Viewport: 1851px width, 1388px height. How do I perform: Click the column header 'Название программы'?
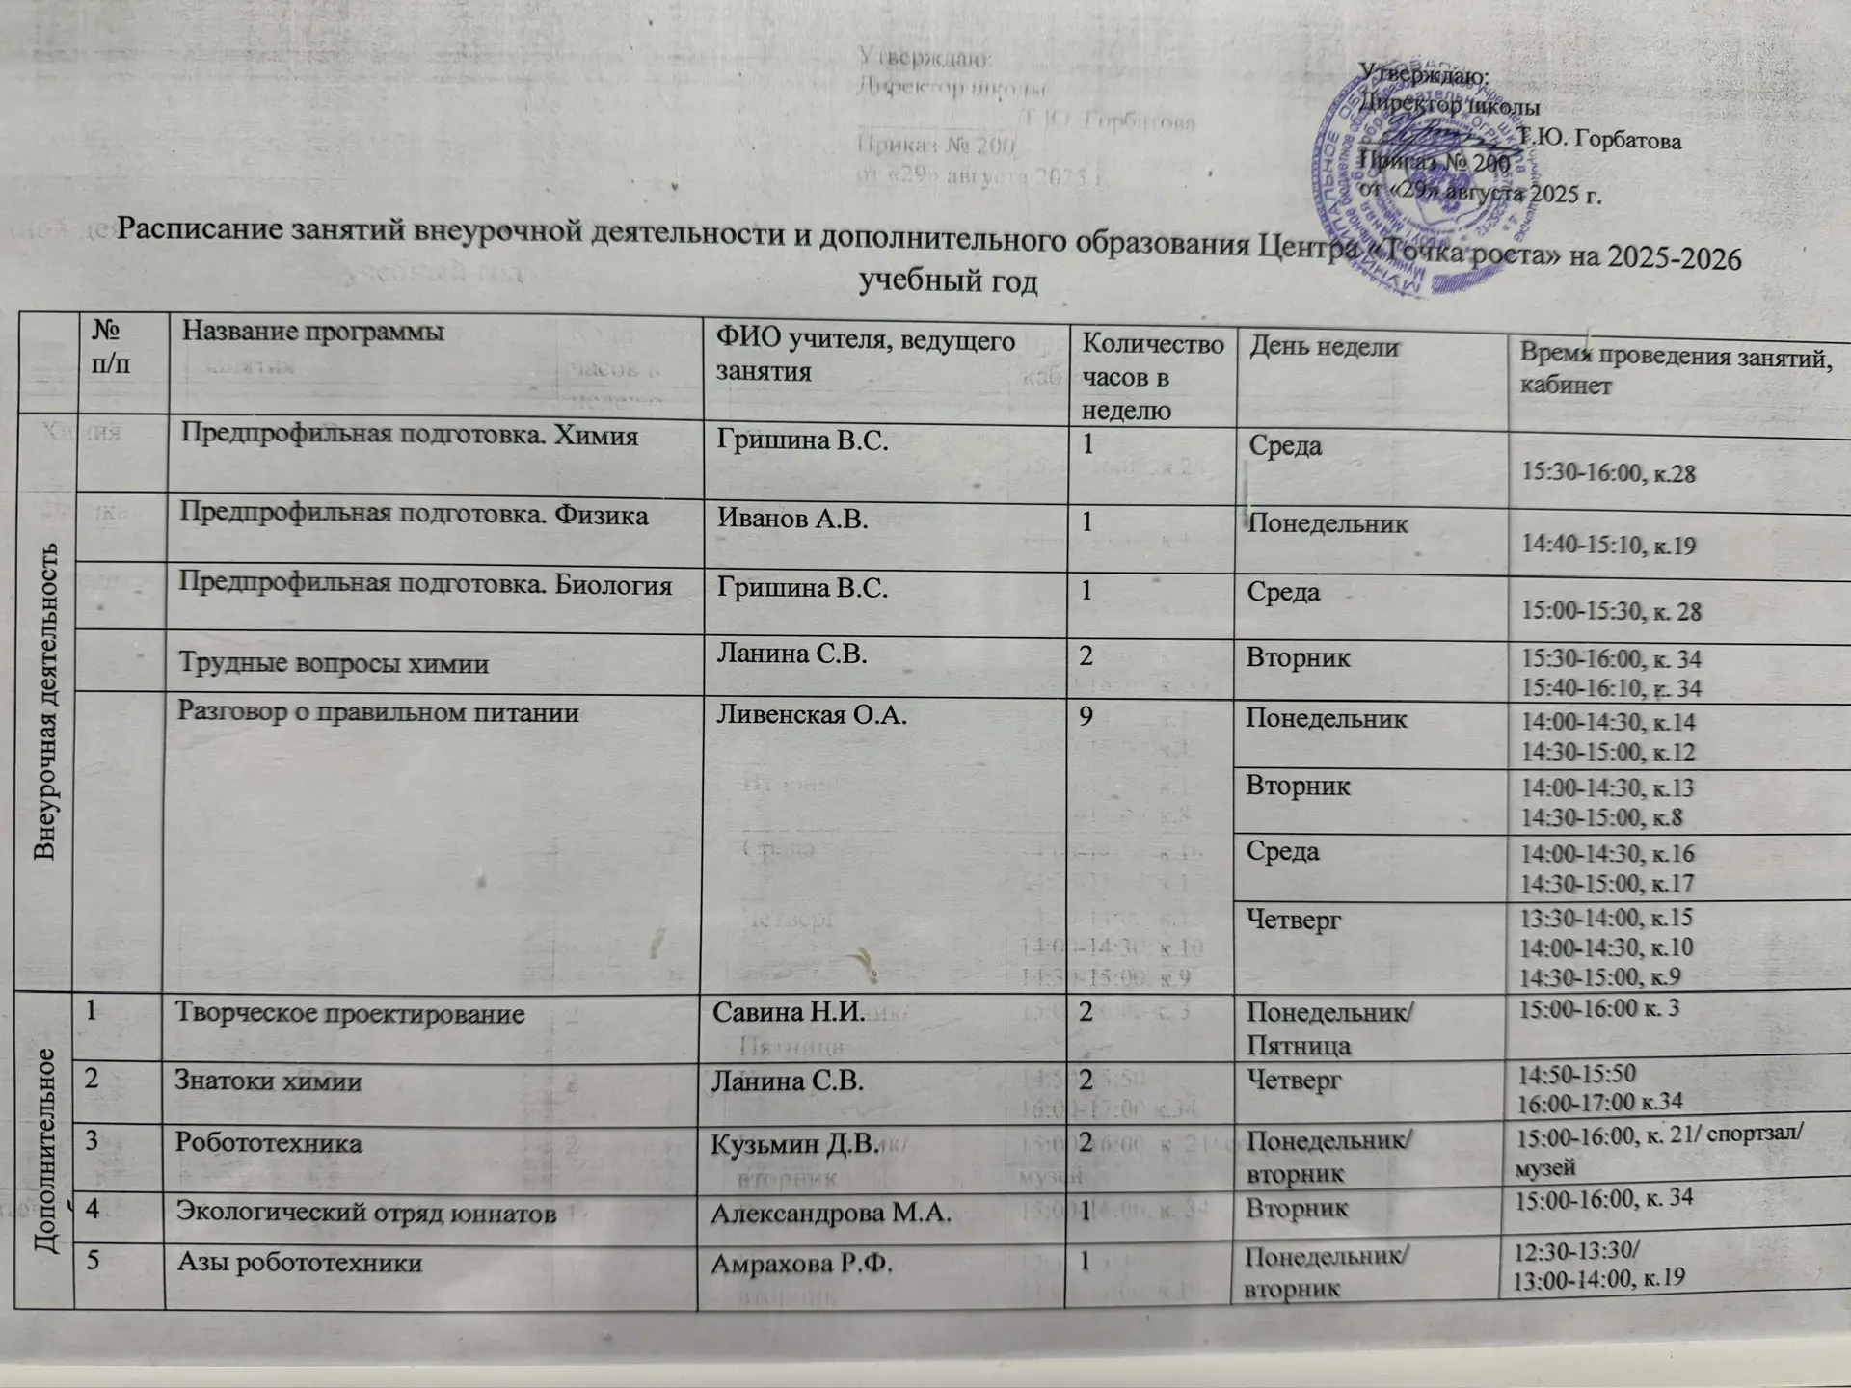(x=313, y=333)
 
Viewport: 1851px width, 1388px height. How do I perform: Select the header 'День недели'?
(x=1324, y=348)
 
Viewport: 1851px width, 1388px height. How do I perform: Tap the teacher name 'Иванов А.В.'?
(x=791, y=520)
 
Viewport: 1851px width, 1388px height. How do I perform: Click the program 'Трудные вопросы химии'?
(x=334, y=664)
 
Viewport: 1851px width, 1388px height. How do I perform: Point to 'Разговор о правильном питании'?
(x=378, y=713)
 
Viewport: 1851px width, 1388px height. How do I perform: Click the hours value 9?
(x=1086, y=717)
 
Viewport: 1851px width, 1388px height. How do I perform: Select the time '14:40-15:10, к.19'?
(x=1607, y=546)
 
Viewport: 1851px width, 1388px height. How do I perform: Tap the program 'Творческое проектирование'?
(x=349, y=1014)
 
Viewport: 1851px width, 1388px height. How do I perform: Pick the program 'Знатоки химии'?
(x=268, y=1081)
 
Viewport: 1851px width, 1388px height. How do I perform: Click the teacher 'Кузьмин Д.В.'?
(x=794, y=1144)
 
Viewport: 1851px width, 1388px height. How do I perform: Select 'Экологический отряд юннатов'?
(x=365, y=1213)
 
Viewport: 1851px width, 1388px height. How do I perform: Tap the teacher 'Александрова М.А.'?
(x=830, y=1214)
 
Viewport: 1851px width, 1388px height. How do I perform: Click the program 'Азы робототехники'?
(x=299, y=1263)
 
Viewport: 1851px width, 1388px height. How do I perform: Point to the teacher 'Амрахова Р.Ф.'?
(x=801, y=1265)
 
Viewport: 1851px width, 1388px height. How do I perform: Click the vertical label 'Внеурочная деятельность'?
(x=45, y=701)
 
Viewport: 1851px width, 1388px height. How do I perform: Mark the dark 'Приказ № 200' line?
(x=1435, y=164)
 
